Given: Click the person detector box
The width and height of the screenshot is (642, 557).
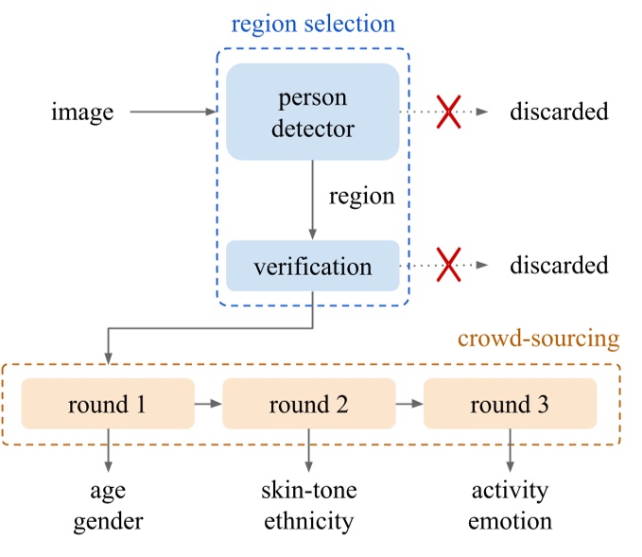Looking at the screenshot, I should [x=312, y=112].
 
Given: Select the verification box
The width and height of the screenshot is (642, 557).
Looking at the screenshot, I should [x=312, y=266].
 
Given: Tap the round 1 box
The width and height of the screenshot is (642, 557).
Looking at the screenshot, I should [x=107, y=405].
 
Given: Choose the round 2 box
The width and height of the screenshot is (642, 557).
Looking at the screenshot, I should [x=308, y=405].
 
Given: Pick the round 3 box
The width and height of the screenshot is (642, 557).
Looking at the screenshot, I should [x=510, y=405].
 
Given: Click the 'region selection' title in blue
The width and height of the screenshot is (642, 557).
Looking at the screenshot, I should [x=312, y=23].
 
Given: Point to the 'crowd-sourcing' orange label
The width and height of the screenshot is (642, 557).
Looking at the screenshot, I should [x=538, y=339].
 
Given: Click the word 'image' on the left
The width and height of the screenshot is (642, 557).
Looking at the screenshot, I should [x=82, y=113].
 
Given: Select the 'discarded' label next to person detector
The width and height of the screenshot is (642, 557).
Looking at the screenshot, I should [x=559, y=112].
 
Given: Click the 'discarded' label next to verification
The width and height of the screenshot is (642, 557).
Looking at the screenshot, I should [x=559, y=266].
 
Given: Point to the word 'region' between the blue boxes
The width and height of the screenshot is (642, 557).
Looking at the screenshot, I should [x=361, y=198].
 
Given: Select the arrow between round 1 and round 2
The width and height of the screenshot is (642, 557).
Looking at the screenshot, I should [x=208, y=405].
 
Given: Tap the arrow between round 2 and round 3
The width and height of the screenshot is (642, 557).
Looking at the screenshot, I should [x=409, y=405].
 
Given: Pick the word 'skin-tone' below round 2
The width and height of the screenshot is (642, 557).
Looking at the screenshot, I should [x=309, y=490].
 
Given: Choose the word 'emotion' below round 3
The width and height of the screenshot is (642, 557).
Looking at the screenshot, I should [x=511, y=520].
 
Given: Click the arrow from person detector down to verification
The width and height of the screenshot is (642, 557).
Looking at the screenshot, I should [x=312, y=200].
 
